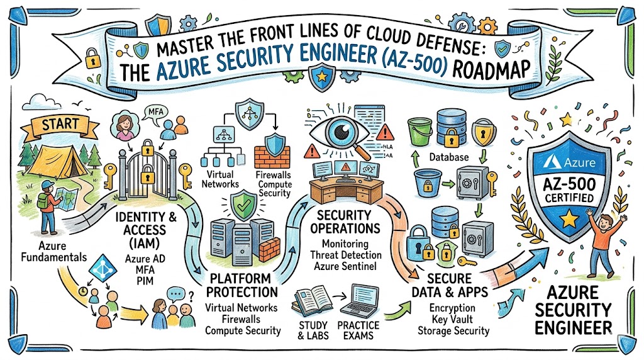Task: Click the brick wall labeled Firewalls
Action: (271, 158)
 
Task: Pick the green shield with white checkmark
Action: (240, 205)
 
